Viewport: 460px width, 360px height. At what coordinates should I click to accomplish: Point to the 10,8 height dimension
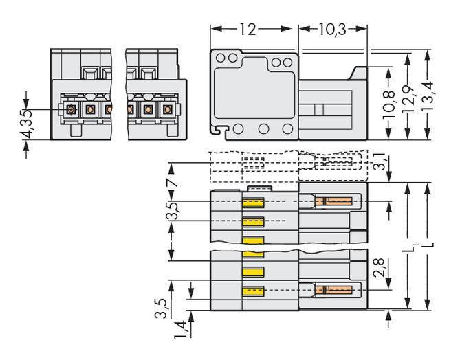390,101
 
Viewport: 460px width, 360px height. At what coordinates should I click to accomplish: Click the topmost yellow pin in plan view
254,203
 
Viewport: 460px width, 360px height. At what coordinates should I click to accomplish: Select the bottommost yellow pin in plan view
254,291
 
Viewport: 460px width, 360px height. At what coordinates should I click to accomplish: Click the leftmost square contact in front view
70,109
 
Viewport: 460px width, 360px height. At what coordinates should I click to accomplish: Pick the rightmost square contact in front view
166,109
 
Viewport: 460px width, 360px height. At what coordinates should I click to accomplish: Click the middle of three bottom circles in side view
263,128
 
